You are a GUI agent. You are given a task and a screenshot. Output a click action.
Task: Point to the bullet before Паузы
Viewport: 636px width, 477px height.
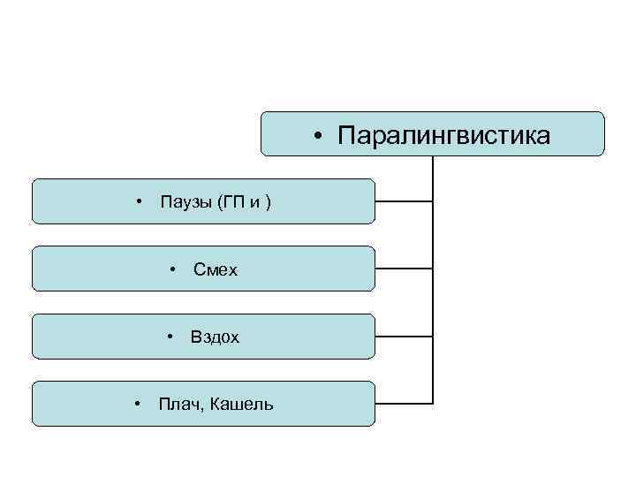pyautogui.click(x=139, y=202)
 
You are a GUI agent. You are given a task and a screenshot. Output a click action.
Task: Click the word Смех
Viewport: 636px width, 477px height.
pyautogui.click(x=216, y=269)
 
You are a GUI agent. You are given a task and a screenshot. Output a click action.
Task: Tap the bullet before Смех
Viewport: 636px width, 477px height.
pyautogui.click(x=173, y=269)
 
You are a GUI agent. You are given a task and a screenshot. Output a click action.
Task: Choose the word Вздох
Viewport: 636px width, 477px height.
pyautogui.click(x=215, y=337)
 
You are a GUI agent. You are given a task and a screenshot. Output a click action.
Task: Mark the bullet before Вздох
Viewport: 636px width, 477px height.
pyautogui.click(x=170, y=337)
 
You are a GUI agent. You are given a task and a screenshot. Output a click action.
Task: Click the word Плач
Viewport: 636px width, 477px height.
pyautogui.click(x=178, y=405)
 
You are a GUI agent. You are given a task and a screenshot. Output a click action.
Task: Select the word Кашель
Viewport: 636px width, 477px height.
pyautogui.click(x=241, y=405)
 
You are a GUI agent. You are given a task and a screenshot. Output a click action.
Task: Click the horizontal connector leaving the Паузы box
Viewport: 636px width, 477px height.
pyautogui.click(x=404, y=201)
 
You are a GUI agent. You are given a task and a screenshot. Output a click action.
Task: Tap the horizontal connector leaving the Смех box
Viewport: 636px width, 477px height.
pyautogui.click(x=404, y=269)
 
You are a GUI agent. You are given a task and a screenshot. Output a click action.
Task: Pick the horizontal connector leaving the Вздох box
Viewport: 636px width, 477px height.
pyautogui.click(x=404, y=337)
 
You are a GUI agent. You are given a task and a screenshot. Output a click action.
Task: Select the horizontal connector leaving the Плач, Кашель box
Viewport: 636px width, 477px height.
pyautogui.click(x=404, y=404)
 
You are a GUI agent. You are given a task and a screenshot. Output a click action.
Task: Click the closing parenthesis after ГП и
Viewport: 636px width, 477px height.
pyautogui.click(x=269, y=203)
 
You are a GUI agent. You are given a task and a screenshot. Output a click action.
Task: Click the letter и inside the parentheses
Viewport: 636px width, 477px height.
pyautogui.click(x=255, y=203)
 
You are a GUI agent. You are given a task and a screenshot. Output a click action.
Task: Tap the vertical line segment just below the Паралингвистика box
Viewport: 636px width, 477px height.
pyautogui.click(x=433, y=168)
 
